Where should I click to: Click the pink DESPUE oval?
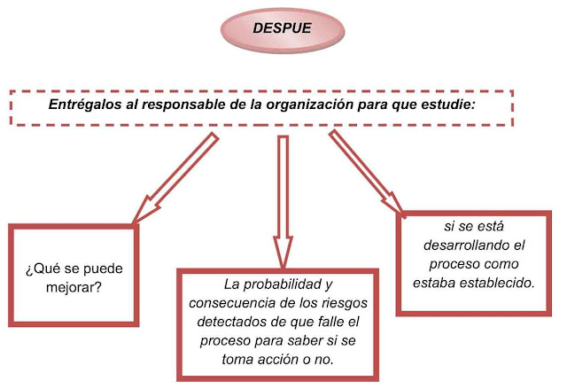click(x=281, y=28)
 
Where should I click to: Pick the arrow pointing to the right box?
click(x=369, y=172)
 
